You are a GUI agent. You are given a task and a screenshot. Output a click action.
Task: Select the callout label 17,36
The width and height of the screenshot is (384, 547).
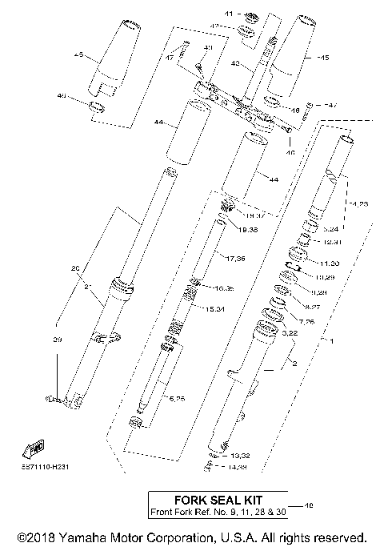(235, 258)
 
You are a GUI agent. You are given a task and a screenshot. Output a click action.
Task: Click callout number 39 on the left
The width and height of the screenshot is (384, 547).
(57, 340)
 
